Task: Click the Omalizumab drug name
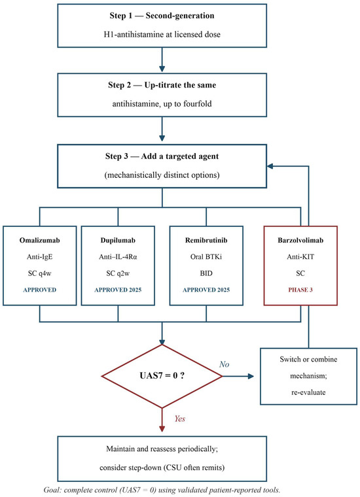[x=40, y=240]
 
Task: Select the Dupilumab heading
[x=118, y=240]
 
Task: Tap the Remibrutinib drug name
[x=206, y=240]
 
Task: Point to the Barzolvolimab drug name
[x=300, y=240]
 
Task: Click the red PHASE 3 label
[x=300, y=290]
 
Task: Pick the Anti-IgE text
[x=40, y=257]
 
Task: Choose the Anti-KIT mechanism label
[x=300, y=257]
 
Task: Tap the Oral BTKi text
[x=206, y=257]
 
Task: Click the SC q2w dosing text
[x=118, y=273]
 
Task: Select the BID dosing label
[x=206, y=273]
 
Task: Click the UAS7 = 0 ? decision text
[x=162, y=376]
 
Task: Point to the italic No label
[x=225, y=364]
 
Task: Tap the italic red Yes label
[x=180, y=419]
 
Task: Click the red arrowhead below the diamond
[x=162, y=428]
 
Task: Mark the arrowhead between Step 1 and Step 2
[x=162, y=69]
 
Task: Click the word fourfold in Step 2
[x=198, y=104]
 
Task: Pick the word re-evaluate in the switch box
[x=308, y=392]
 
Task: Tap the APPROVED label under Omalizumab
[x=40, y=290]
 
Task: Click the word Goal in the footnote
[x=52, y=490]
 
